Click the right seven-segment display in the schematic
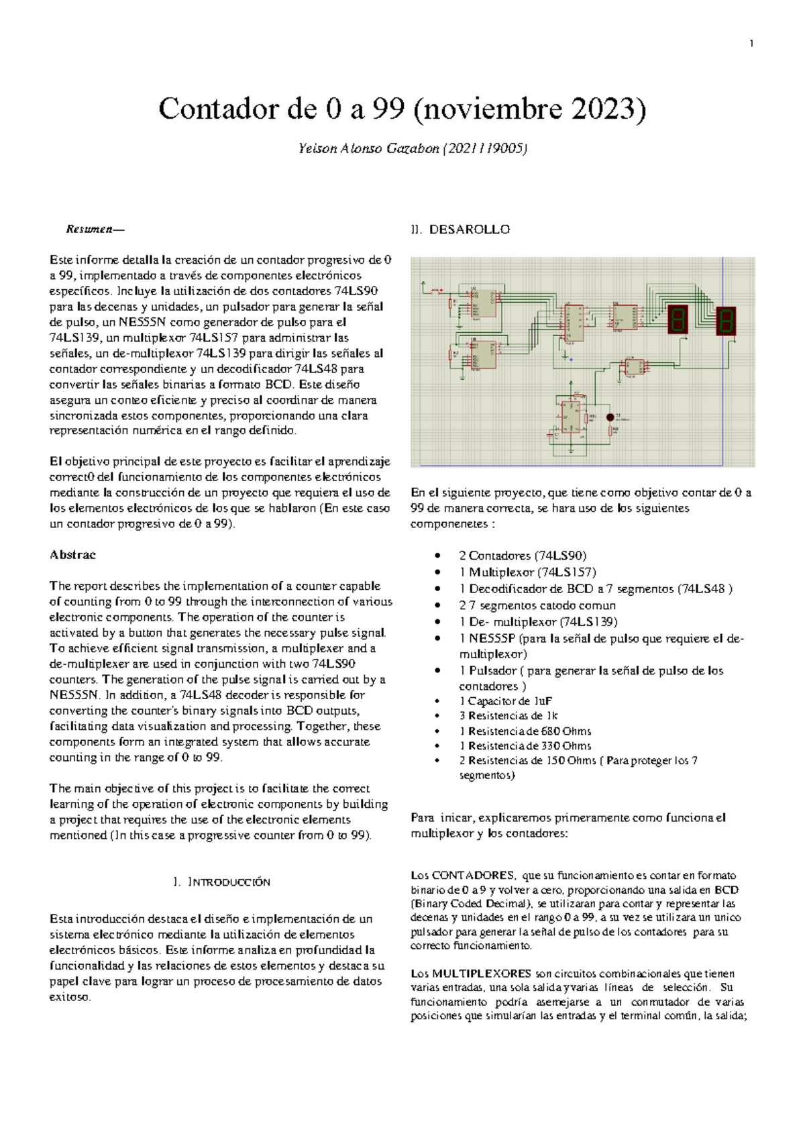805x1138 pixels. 726,321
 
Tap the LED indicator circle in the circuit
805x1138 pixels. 610,417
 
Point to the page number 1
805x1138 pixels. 751,44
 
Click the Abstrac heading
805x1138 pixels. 72,555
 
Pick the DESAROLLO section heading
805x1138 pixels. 469,229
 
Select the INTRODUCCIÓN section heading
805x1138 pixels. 228,882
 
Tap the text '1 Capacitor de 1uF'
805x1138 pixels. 506,701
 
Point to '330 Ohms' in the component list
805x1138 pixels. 566,746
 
